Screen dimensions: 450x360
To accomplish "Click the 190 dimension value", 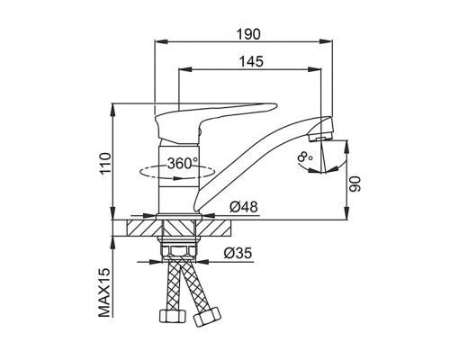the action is pos(248,34).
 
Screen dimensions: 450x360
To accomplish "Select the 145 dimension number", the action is pos(251,61).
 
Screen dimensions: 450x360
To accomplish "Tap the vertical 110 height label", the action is pos(105,164).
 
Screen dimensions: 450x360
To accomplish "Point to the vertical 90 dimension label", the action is pos(356,184).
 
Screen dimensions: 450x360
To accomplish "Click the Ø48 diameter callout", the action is pos(244,207).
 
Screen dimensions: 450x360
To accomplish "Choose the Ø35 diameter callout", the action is pos(238,254).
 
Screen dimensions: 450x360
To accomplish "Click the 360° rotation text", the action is pos(183,164).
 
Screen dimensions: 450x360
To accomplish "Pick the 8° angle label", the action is pos(304,157).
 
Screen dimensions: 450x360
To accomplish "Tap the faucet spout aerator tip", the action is pos(320,138).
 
